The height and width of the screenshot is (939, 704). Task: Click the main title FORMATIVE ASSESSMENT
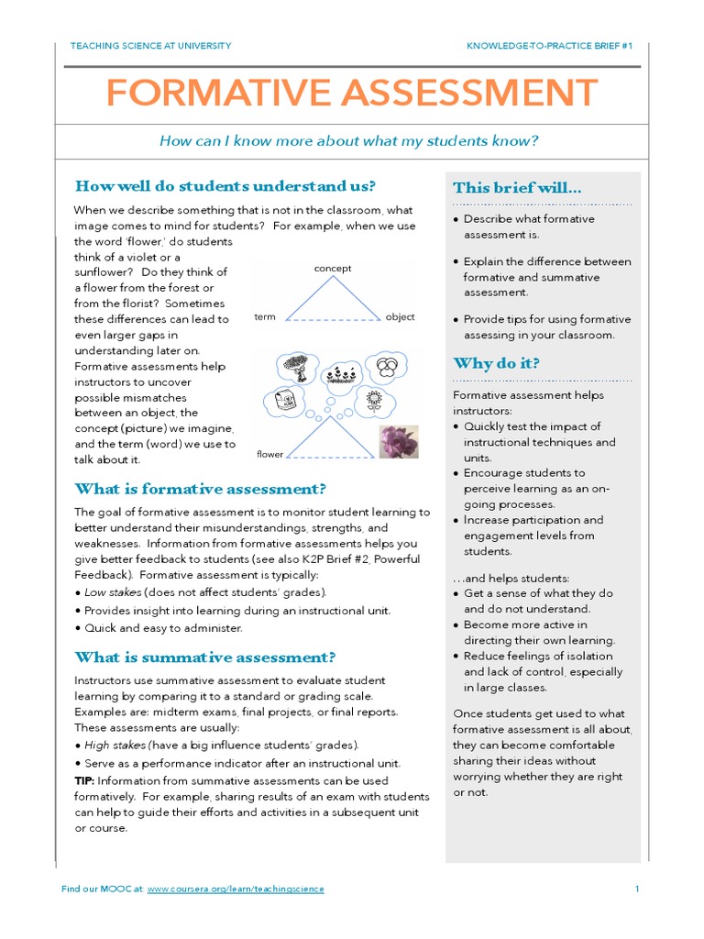(351, 94)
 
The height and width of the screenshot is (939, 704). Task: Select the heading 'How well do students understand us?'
(225, 186)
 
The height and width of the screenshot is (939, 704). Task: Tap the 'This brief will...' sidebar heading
(517, 188)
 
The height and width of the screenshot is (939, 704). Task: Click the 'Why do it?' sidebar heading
(496, 363)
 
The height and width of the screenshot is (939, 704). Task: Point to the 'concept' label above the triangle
(333, 269)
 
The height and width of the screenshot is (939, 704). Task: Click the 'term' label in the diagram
(265, 317)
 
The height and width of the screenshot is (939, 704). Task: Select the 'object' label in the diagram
(400, 317)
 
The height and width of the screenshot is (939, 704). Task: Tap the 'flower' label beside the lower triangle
(270, 454)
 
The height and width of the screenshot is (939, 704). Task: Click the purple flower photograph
(399, 441)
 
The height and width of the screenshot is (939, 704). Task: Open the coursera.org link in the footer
(236, 889)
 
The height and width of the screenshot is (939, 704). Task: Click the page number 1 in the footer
(636, 889)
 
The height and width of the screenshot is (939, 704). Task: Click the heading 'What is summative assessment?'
(205, 657)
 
